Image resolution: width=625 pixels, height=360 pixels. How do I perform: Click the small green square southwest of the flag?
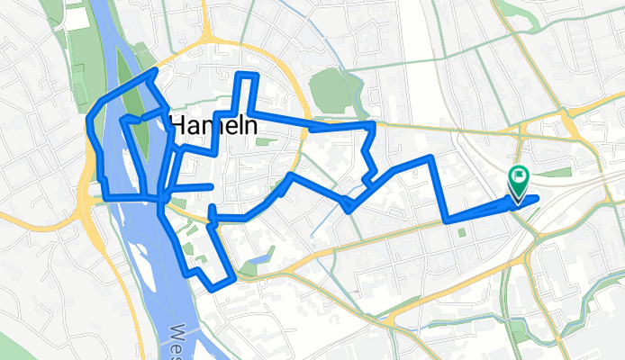(x=461, y=233)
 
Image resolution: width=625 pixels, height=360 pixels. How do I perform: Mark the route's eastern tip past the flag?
(x=537, y=197)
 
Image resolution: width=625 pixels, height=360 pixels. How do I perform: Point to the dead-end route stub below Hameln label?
(x=211, y=186)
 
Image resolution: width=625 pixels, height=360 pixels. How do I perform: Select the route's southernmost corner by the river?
(x=213, y=288)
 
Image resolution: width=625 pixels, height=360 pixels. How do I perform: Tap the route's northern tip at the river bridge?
(x=156, y=70)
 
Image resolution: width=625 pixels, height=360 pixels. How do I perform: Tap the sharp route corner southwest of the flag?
(x=447, y=219)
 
